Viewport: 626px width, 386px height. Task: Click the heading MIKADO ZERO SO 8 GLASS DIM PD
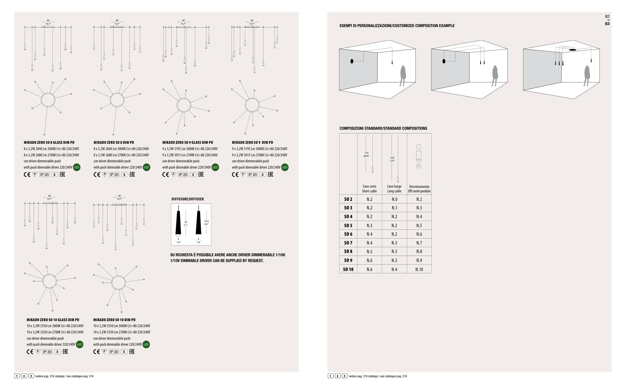click(49, 143)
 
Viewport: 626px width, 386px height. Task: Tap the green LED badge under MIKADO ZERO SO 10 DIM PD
click(146, 344)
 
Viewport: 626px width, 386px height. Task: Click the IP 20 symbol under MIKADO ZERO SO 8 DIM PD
click(114, 175)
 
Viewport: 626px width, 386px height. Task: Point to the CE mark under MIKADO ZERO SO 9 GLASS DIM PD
click(165, 175)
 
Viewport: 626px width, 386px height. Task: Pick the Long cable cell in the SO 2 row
click(394, 199)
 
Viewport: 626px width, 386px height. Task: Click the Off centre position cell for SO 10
click(419, 269)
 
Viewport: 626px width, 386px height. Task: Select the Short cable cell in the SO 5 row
click(369, 226)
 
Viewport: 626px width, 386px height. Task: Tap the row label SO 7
click(348, 243)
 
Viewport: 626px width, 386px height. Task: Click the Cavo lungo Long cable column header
click(394, 189)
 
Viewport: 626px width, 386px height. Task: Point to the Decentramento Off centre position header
click(419, 189)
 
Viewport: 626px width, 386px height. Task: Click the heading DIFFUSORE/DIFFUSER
click(188, 199)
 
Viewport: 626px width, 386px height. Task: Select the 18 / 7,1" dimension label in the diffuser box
click(186, 224)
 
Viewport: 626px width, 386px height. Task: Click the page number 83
click(607, 24)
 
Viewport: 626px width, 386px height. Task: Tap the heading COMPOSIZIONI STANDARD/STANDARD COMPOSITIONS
click(383, 128)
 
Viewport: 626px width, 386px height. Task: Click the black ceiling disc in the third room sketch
click(572, 50)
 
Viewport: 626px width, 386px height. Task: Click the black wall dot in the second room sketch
click(444, 61)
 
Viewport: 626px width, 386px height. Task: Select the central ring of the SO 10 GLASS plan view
click(49, 281)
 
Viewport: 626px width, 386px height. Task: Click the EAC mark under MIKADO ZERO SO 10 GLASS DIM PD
click(65, 352)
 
